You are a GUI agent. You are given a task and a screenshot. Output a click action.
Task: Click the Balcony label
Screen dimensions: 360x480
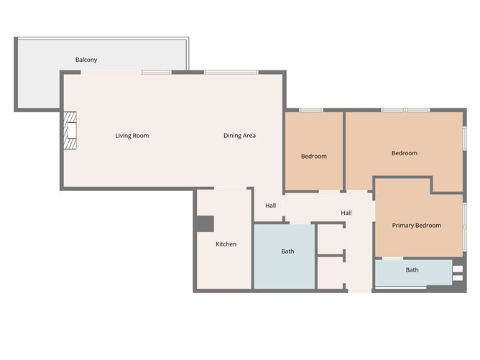tap(86, 60)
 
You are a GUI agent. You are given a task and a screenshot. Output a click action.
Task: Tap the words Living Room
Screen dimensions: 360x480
tap(132, 135)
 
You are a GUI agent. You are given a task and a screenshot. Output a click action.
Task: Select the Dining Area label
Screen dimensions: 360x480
tap(239, 135)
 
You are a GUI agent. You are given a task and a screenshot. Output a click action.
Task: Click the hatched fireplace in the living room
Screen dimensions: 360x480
tap(70, 131)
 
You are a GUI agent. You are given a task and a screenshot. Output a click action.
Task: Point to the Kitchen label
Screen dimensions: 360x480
tap(226, 244)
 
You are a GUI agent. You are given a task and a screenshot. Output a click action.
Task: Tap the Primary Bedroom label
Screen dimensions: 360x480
tap(416, 225)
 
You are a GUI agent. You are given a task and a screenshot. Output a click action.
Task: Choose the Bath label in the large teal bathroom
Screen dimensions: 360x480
tap(287, 251)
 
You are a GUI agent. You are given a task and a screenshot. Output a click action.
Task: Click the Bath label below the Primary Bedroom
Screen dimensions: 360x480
tap(412, 270)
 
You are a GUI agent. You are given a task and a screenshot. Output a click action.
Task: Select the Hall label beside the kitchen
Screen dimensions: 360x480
tap(270, 206)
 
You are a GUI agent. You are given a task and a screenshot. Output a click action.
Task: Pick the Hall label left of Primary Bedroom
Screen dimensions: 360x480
tap(346, 213)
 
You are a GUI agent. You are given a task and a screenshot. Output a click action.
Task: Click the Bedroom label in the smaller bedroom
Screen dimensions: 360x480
tap(313, 156)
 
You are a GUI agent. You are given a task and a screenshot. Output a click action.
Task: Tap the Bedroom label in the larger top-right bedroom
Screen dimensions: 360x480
tap(404, 153)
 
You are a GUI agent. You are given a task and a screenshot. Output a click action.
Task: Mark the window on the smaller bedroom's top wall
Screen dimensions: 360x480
tap(310, 110)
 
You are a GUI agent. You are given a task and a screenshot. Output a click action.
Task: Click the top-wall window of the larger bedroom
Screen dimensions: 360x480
tap(405, 110)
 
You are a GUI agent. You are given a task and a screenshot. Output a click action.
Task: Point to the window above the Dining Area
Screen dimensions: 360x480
tap(231, 72)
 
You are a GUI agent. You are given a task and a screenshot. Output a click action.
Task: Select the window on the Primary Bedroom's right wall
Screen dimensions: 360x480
tap(465, 226)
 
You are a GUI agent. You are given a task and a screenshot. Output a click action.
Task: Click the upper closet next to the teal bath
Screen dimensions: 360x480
tap(331, 239)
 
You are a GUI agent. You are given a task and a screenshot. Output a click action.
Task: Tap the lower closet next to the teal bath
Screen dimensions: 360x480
tap(331, 272)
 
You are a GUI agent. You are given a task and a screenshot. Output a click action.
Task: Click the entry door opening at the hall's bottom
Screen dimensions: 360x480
tap(360, 291)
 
